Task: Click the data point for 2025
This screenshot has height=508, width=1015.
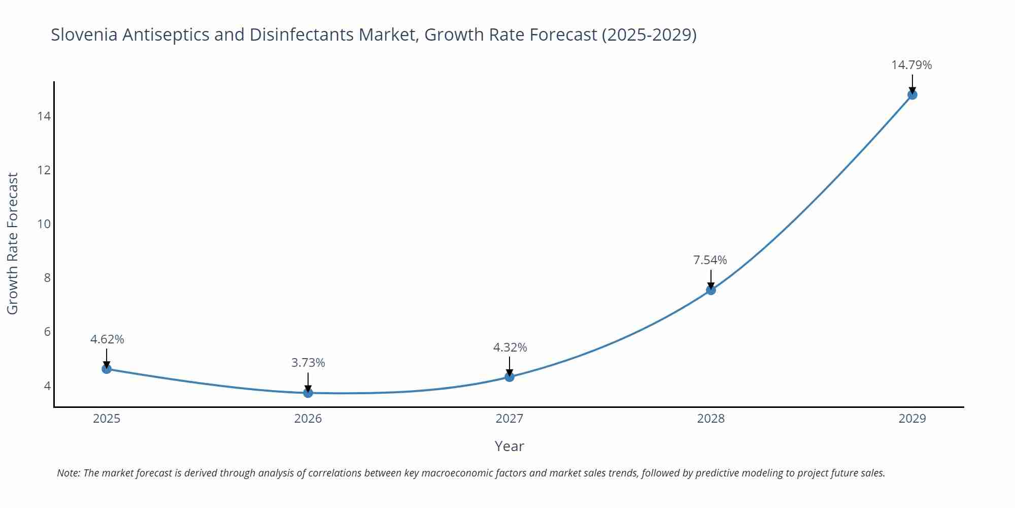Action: [107, 369]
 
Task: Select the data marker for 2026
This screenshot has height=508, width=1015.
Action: [308, 393]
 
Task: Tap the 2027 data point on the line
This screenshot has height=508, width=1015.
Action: [510, 377]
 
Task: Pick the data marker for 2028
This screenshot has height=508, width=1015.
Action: [711, 290]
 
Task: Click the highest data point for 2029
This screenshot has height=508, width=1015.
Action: [912, 95]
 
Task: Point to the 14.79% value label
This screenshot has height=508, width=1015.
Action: [911, 65]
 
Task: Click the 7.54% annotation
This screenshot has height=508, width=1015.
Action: [710, 260]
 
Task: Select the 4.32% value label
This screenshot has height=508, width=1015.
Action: [510, 347]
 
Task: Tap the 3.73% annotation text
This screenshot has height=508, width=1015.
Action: [308, 363]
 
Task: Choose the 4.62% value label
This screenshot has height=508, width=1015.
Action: [107, 339]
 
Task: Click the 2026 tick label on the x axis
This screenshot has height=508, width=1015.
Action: [308, 419]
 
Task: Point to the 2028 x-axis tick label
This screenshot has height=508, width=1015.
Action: [711, 419]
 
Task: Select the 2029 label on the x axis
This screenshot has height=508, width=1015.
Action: [912, 419]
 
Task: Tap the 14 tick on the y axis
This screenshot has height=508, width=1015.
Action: [44, 116]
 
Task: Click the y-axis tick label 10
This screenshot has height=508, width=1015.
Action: [44, 224]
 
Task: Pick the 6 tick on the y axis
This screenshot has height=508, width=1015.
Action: [47, 332]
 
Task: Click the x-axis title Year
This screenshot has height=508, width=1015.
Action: [509, 446]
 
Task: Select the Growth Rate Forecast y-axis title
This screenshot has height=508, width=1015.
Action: [13, 243]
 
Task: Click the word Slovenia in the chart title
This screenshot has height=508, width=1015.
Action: [84, 35]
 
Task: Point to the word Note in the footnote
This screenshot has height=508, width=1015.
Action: [68, 473]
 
